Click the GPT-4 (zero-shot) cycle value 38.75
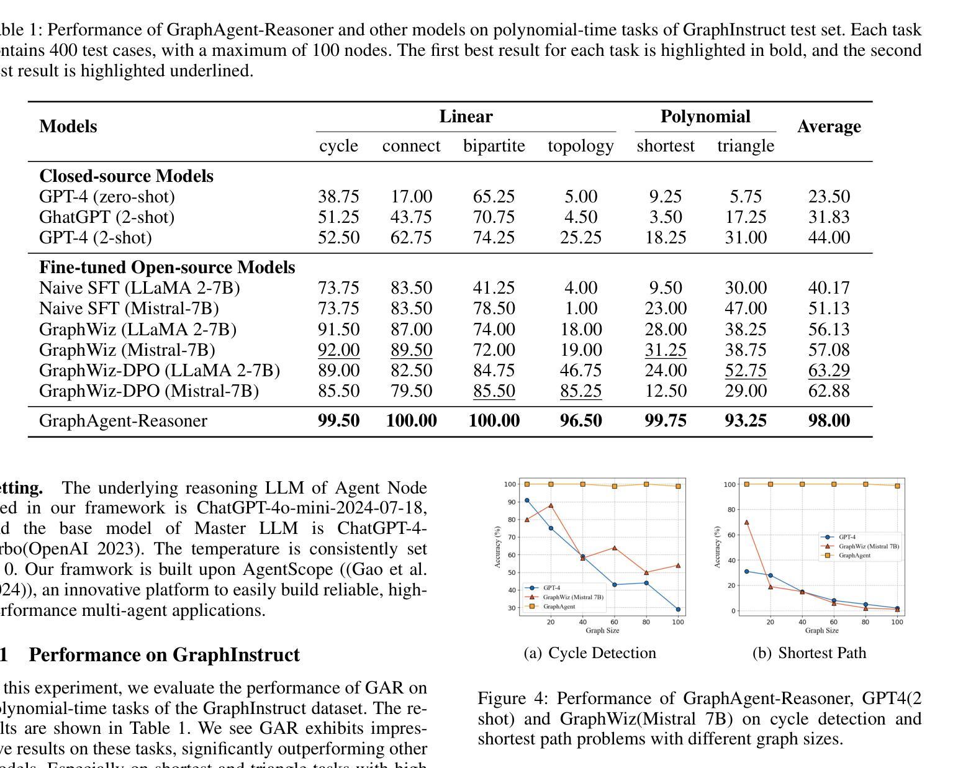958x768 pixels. pos(338,197)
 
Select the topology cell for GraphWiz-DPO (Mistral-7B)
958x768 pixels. pos(581,391)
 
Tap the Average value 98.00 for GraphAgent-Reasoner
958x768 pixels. pos(828,421)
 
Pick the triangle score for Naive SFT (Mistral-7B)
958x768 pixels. pos(745,309)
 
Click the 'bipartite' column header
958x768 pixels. pos(494,146)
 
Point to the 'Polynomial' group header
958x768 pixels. pos(705,117)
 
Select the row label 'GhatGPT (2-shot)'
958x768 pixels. pos(107,217)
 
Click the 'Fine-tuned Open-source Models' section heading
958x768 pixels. pos(167,268)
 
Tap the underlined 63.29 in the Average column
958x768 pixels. pos(828,371)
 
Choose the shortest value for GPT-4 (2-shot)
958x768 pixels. pos(665,238)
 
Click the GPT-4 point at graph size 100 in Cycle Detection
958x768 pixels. pos(678,610)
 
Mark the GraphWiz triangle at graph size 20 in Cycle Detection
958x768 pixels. pos(551,505)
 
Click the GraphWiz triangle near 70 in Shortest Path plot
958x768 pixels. pos(746,522)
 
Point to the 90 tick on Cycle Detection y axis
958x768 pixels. pos(511,502)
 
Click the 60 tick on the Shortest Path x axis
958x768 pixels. pos(834,622)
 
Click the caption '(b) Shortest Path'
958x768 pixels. pos(809,653)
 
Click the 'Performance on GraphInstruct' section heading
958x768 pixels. pos(164,655)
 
